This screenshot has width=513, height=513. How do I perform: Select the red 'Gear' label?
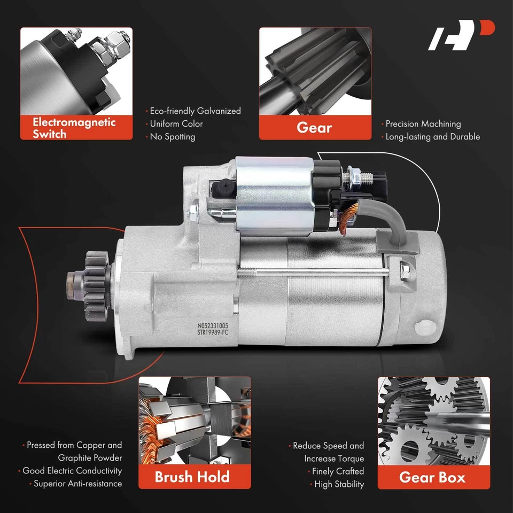click(x=314, y=128)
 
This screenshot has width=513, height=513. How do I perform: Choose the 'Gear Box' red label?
click(x=433, y=476)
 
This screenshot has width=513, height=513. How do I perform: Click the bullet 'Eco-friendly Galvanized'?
click(x=195, y=111)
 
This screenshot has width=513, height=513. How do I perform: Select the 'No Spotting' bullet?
click(x=172, y=137)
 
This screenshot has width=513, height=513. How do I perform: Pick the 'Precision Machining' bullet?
click(x=422, y=124)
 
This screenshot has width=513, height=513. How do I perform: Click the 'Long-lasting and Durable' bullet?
click(x=432, y=137)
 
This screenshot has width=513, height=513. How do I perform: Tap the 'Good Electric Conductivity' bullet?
click(x=72, y=471)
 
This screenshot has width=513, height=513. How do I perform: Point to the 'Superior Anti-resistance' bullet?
click(x=77, y=484)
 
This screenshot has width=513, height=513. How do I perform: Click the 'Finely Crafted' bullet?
click(x=337, y=471)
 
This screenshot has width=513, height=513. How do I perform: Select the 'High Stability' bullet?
click(x=339, y=484)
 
